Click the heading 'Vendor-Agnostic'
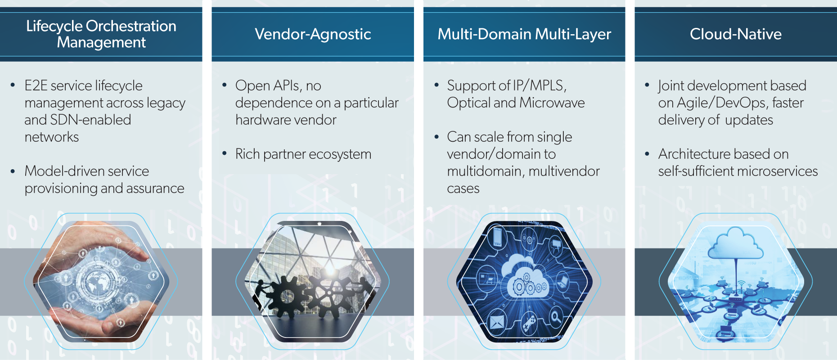pos(313,34)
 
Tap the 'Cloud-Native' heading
pos(735,34)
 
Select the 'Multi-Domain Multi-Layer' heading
pos(524,34)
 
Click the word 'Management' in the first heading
pos(101,42)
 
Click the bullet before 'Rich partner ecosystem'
pos(225,154)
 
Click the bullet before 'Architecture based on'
pos(647,154)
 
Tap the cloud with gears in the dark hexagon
pos(525,277)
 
